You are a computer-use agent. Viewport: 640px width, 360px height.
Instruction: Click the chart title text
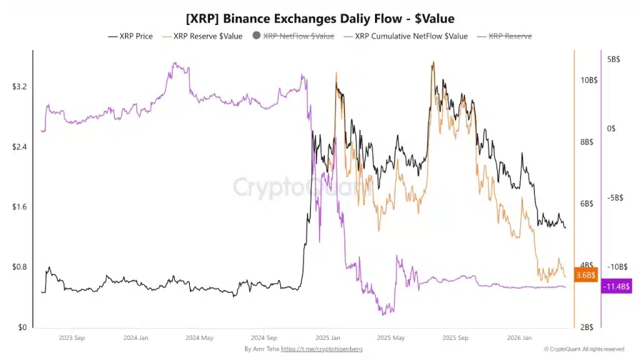coord(320,19)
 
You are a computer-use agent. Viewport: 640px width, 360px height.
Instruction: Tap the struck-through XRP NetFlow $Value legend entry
coord(298,36)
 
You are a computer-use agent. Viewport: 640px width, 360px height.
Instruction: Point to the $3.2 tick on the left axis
coord(19,86)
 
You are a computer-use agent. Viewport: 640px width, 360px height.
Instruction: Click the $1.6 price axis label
coord(19,207)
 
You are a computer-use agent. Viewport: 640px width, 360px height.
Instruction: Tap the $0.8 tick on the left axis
coord(19,267)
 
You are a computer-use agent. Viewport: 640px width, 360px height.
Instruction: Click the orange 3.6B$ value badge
coord(586,275)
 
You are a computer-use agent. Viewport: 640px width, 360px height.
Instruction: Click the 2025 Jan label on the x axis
coord(327,337)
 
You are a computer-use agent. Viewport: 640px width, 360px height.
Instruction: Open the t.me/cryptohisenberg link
coord(321,349)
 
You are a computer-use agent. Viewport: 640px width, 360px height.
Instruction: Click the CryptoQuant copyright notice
coord(583,349)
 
